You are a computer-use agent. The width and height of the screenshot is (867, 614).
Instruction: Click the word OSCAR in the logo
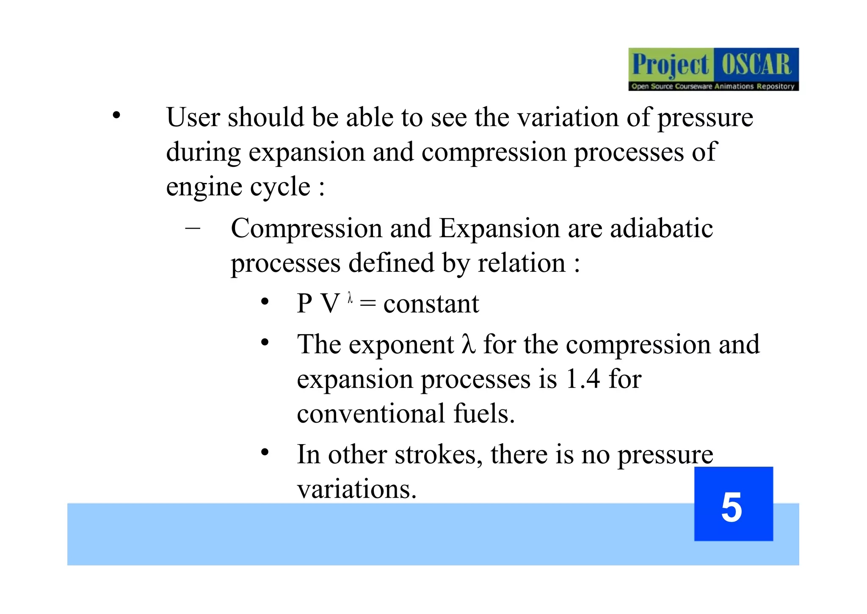756,65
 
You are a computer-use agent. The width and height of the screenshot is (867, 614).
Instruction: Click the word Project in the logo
670,65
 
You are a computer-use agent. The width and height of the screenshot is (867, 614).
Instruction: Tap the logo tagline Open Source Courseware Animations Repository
713,86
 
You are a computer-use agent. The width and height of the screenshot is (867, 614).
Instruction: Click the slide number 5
732,507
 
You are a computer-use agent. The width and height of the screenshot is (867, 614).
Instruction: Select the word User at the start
193,117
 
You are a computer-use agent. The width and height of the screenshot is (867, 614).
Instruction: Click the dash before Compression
193,228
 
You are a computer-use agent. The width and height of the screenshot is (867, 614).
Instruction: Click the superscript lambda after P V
350,298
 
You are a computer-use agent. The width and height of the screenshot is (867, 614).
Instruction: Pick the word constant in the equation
431,304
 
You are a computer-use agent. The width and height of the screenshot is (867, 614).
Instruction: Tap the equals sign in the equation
367,304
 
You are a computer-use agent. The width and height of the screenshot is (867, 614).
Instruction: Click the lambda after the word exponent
468,344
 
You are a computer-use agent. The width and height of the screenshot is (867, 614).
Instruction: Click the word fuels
484,413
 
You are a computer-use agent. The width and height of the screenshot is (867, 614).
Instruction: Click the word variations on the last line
357,490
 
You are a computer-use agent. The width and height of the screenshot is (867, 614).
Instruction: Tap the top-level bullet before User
116,115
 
